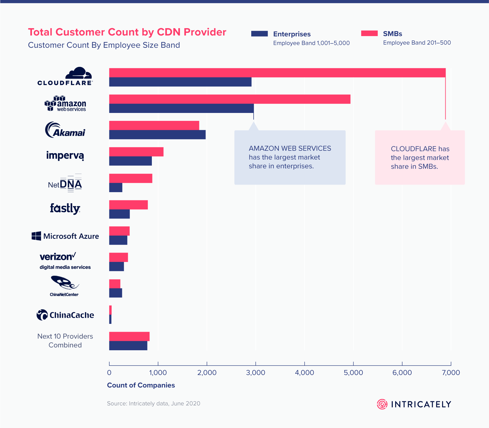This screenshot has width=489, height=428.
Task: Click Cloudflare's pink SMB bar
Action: pyautogui.click(x=277, y=73)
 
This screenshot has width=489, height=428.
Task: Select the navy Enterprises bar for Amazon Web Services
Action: pyautogui.click(x=181, y=108)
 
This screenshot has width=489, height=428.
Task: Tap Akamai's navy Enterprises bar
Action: pyautogui.click(x=157, y=135)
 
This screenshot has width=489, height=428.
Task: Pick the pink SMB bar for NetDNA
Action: pyautogui.click(x=130, y=178)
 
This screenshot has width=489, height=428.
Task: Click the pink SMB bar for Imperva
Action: pyautogui.click(x=136, y=152)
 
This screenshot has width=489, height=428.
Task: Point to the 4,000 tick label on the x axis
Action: pyautogui.click(x=304, y=373)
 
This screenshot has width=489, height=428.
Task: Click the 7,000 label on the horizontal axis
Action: pyautogui.click(x=451, y=373)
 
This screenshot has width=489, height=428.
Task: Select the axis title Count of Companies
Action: pyautogui.click(x=141, y=385)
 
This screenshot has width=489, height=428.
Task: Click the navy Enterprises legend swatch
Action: pyautogui.click(x=259, y=34)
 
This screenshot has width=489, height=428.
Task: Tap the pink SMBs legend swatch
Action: pyautogui.click(x=369, y=33)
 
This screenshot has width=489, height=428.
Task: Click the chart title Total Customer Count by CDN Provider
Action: pyautogui.click(x=127, y=32)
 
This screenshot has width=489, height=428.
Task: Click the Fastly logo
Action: pyautogui.click(x=65, y=209)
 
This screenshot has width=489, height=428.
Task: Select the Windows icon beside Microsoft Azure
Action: pyautogui.click(x=36, y=236)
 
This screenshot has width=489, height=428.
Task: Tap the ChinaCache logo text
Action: pyautogui.click(x=72, y=315)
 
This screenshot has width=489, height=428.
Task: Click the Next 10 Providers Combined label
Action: pyautogui.click(x=65, y=341)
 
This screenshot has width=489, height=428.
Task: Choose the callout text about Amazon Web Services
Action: pyautogui.click(x=290, y=157)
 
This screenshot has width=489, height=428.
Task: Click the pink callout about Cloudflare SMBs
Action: pyautogui.click(x=420, y=158)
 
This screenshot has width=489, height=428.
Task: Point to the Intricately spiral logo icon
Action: pyautogui.click(x=382, y=404)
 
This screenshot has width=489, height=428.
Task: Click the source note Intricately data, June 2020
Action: pyautogui.click(x=153, y=403)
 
